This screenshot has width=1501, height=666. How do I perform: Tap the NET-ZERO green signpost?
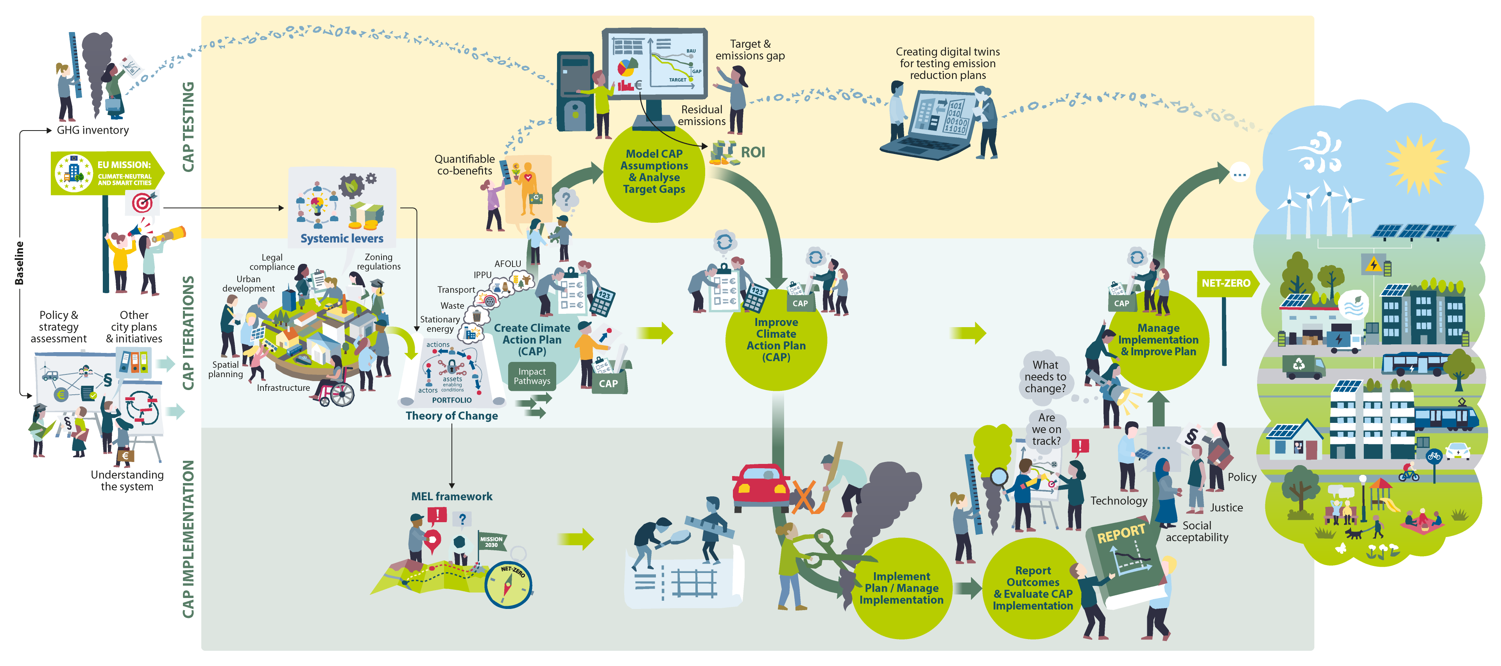point(1225,283)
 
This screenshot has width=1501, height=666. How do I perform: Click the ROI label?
point(752,153)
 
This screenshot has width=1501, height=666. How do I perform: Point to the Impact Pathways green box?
point(532,376)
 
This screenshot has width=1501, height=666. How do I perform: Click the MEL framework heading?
point(451,496)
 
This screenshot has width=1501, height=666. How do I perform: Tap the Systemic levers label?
point(342,238)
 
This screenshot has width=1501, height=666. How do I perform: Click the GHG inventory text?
point(93,130)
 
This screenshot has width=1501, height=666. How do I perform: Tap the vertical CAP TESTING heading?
point(188,127)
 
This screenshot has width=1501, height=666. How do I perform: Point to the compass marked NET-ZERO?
point(508,584)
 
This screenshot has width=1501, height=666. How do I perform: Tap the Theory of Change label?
point(451,415)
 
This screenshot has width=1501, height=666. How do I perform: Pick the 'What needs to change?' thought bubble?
point(1045,376)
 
